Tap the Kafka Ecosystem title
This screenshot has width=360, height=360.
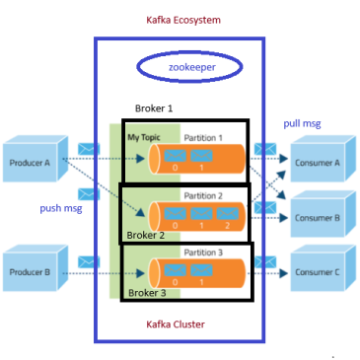pos(183,20)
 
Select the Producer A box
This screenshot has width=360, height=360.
pos(36,159)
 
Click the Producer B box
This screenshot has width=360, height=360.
pos(36,268)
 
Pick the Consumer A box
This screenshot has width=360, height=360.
pos(324,159)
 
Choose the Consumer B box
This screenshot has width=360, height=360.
pos(324,214)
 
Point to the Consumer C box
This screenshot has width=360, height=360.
pos(324,268)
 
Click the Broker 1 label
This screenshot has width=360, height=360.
pos(154,108)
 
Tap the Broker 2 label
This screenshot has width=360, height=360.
pos(146,236)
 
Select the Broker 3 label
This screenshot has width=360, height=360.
pos(147,293)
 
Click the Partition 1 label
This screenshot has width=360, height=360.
pos(203,138)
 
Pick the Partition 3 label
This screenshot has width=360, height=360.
pos(203,252)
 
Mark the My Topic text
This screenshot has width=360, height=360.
pos(144,137)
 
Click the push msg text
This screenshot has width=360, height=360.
pos(61,208)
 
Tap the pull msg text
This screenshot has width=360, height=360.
pos(302,124)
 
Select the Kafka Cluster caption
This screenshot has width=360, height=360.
pos(176,324)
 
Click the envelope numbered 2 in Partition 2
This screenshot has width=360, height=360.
pos(228,214)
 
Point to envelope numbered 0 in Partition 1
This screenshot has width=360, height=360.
pos(175,156)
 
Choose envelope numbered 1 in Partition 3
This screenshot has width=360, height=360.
pos(201,270)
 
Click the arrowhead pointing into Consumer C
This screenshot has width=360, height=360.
pos(284,273)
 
